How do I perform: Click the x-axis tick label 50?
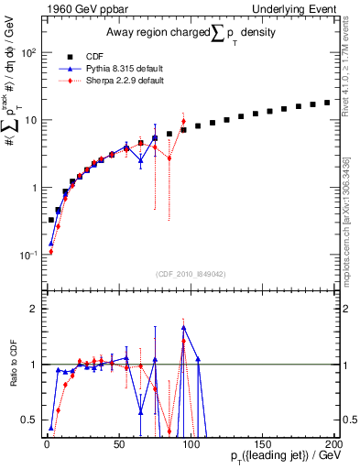click(x=118, y=442)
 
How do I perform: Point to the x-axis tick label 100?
click(x=190, y=442)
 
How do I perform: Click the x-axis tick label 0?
click(x=47, y=442)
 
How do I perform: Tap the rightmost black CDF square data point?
click(x=327, y=103)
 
